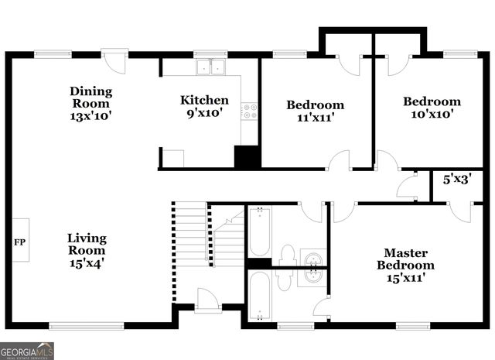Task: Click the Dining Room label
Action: click(90, 103)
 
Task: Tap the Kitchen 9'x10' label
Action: click(204, 105)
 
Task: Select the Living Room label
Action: click(86, 249)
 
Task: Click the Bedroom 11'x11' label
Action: click(315, 111)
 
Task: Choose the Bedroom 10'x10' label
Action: click(432, 107)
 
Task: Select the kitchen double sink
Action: click(209, 67)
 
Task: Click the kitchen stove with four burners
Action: click(249, 112)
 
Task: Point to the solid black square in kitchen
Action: click(247, 156)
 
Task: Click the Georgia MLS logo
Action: click(27, 351)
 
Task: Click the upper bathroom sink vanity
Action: click(312, 257)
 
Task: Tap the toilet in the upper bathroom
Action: click(287, 254)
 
